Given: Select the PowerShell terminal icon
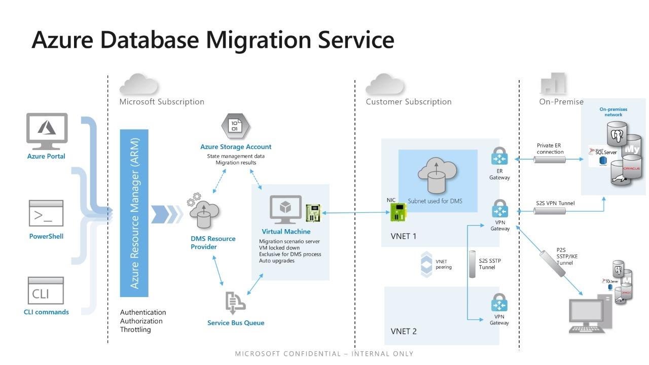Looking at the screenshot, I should [x=46, y=213].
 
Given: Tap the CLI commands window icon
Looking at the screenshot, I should [x=46, y=290].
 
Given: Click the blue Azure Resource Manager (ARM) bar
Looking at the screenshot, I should [x=134, y=213].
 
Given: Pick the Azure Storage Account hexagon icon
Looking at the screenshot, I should [x=235, y=126].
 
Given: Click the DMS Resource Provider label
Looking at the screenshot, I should [x=213, y=243].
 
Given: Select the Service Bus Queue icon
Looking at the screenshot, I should [x=235, y=302].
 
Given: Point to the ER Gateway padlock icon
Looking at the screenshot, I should [x=499, y=156].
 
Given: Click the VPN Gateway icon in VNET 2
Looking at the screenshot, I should [x=499, y=304].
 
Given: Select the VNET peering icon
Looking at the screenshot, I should [x=426, y=265].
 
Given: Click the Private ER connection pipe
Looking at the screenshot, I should [x=550, y=160].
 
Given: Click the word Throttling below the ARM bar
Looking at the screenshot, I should [x=135, y=330].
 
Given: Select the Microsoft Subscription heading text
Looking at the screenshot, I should [x=162, y=101].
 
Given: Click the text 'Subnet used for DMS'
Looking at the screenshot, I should [x=435, y=201].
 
